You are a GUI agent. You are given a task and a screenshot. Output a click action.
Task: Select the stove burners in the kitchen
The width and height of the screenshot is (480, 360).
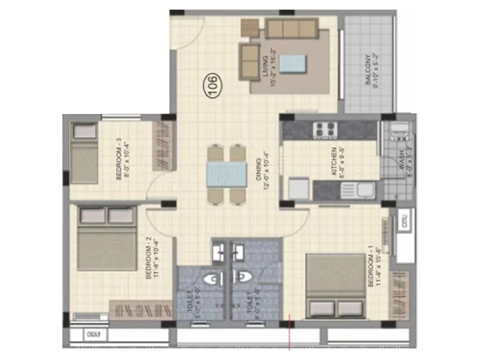tap(326, 130)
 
